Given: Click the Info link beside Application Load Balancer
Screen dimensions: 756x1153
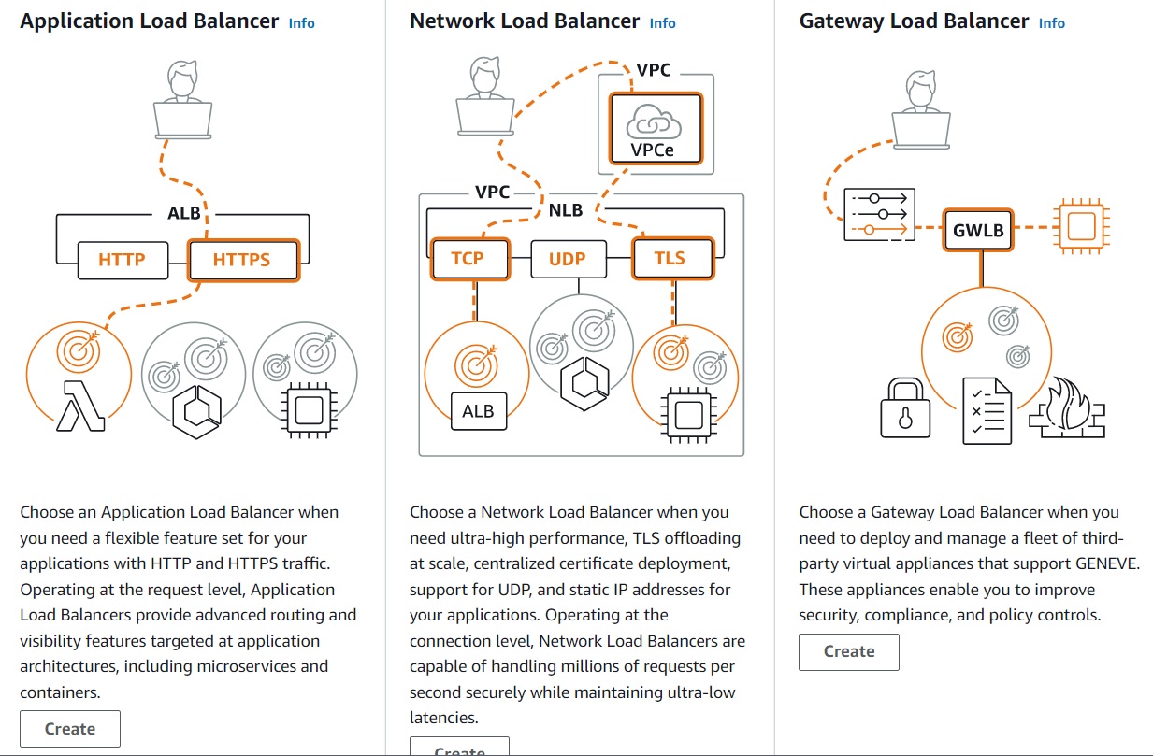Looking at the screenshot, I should click(301, 23).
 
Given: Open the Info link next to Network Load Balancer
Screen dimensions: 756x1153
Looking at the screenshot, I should click(662, 23).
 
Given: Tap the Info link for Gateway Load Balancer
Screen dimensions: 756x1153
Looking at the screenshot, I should click(1051, 23).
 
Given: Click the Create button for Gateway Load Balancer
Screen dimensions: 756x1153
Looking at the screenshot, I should click(848, 651).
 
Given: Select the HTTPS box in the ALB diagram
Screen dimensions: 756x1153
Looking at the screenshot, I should click(242, 260).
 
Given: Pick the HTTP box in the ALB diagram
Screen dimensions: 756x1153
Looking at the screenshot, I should click(123, 260).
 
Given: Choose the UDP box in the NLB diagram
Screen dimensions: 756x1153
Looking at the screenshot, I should click(568, 259).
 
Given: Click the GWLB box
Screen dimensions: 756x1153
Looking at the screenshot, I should click(978, 230).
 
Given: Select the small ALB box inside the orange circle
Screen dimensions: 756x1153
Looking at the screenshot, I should click(479, 410).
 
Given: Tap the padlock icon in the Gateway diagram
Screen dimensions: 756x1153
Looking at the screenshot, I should click(905, 407).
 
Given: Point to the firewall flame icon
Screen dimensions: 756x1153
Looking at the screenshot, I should click(1067, 407).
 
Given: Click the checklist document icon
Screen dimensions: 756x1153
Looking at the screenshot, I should click(987, 411).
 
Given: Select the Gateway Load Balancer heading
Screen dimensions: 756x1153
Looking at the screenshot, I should click(914, 21).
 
